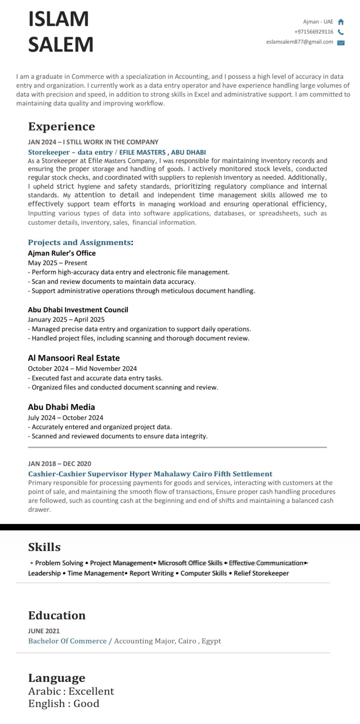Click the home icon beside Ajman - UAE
[x=340, y=22]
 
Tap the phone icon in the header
[x=340, y=32]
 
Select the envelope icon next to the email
[x=341, y=43]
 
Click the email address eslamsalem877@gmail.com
[x=300, y=42]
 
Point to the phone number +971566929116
[x=314, y=32]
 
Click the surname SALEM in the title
[x=61, y=45]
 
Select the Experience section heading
[x=62, y=127]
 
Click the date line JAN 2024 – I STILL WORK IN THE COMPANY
[x=93, y=142]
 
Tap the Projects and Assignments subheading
[x=79, y=243]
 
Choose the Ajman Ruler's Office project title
[x=62, y=253]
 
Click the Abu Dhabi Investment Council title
[x=78, y=310]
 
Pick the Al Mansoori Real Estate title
[x=74, y=358]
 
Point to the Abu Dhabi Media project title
[x=62, y=407]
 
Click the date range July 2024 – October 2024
[x=66, y=418]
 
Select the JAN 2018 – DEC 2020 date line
[x=60, y=464]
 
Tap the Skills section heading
[x=44, y=547]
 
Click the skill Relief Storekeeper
[x=261, y=573]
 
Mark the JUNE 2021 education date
[x=44, y=631]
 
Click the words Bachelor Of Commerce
[x=67, y=641]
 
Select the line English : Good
[x=64, y=703]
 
